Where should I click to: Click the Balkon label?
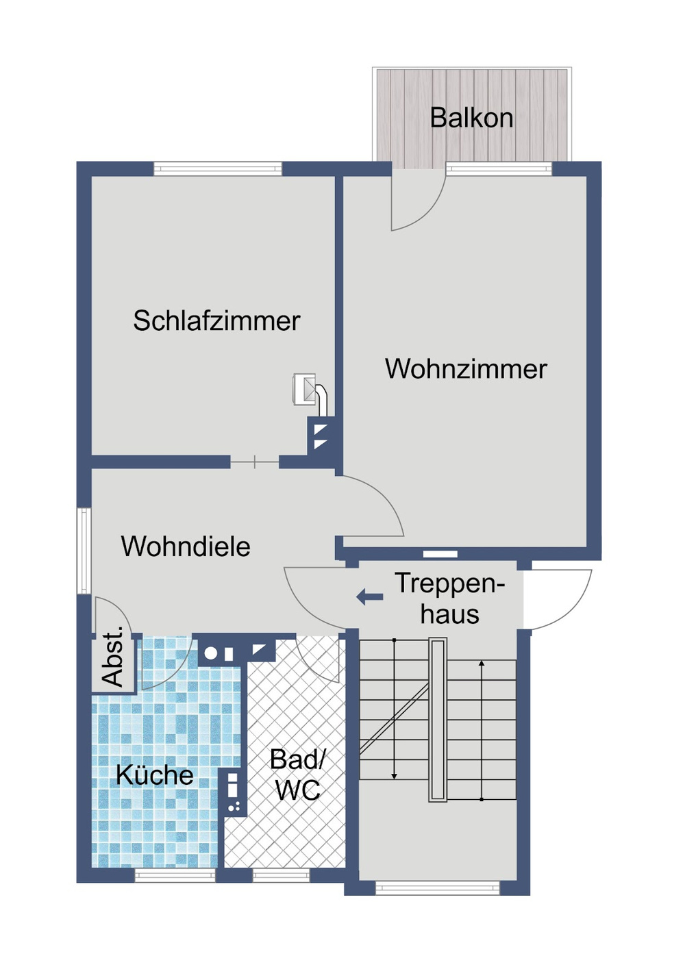pos(471,118)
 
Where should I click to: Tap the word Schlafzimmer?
pos(216,321)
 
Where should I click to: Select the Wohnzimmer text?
pos(466,369)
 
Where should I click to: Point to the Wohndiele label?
pos(186,546)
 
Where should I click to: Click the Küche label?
pos(154,775)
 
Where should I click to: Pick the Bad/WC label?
pos(298,775)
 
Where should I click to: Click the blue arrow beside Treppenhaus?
pos(370,597)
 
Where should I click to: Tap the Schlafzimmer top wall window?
pos(217,168)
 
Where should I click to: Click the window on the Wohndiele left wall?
pos(83,551)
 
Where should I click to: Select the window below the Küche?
pos(175,875)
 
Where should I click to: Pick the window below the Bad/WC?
pos(281,875)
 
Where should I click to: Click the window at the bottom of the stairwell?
pos(438,888)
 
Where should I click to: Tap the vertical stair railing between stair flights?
pos(438,719)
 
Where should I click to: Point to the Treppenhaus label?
pos(449,599)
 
